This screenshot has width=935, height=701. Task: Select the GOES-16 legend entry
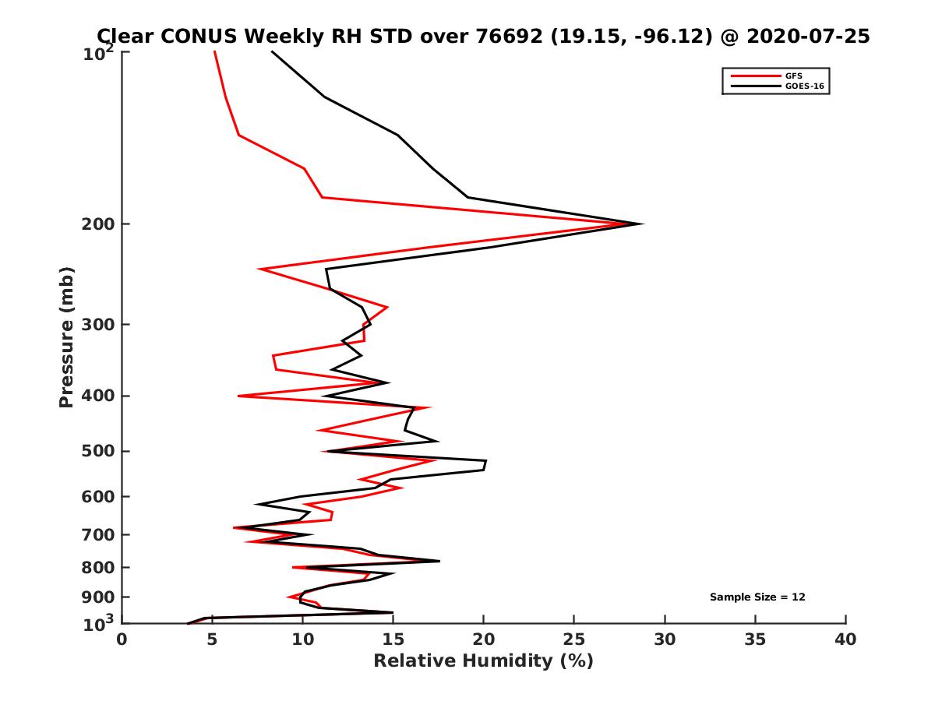[803, 86]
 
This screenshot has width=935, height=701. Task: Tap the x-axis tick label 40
[845, 639]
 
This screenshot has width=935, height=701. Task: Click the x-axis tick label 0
[122, 639]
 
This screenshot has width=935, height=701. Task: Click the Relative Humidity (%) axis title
[483, 661]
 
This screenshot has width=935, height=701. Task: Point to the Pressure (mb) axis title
[66, 336]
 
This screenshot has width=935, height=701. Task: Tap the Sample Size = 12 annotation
[757, 597]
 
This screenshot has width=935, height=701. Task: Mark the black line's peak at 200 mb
[642, 224]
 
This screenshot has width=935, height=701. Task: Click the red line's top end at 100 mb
[215, 51]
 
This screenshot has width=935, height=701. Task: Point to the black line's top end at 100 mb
[272, 51]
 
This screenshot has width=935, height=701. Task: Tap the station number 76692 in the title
[510, 36]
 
